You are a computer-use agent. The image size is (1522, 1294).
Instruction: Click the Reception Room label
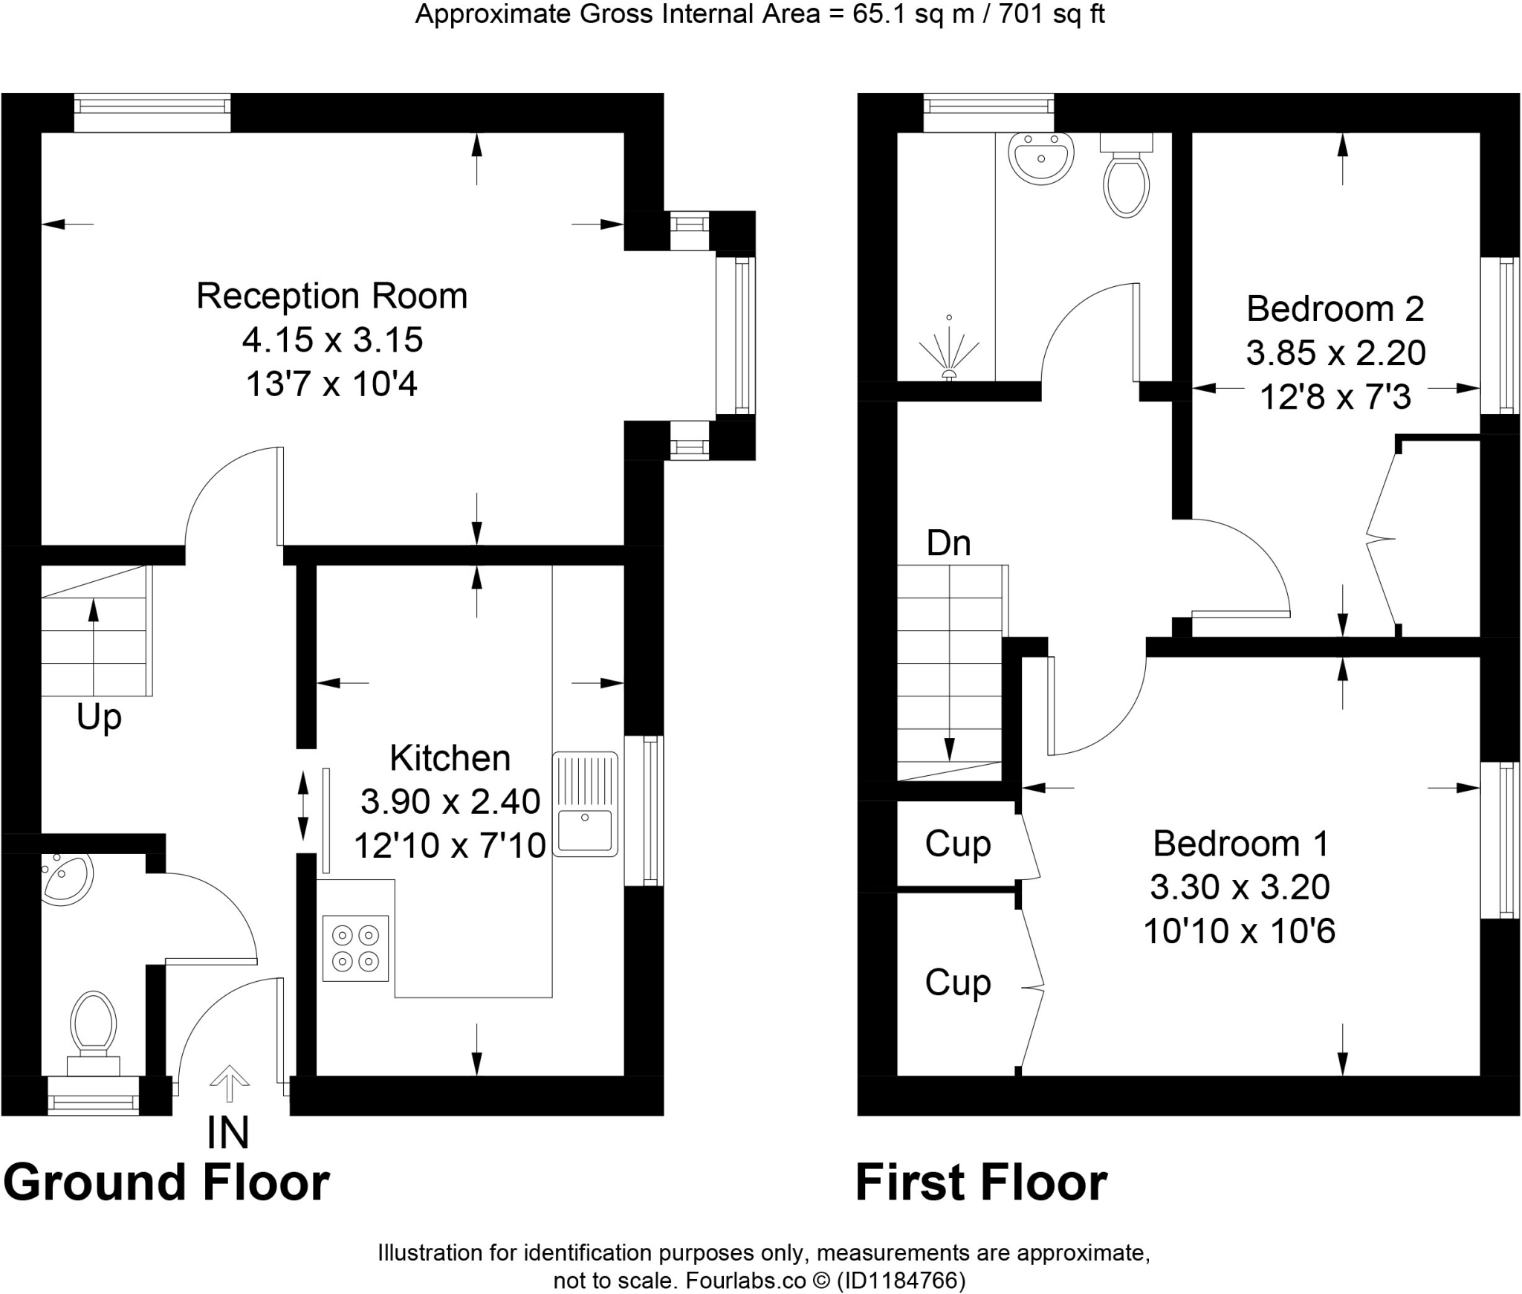[331, 296]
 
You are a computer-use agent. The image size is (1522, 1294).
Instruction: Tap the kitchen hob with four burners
[355, 948]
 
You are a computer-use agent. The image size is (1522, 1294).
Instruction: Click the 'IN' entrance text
[227, 1133]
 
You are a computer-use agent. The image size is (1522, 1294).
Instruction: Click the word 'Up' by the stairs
[99, 717]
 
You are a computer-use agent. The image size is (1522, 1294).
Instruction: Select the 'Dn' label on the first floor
[948, 544]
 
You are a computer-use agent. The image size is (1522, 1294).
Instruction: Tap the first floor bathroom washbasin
[1040, 158]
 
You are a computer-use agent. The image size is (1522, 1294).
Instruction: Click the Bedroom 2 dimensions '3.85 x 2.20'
[1335, 353]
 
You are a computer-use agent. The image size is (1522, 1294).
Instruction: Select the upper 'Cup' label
[958, 844]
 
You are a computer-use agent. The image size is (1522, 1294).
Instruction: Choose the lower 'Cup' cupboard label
[958, 983]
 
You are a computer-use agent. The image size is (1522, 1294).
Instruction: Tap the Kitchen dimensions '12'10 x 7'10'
[450, 846]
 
